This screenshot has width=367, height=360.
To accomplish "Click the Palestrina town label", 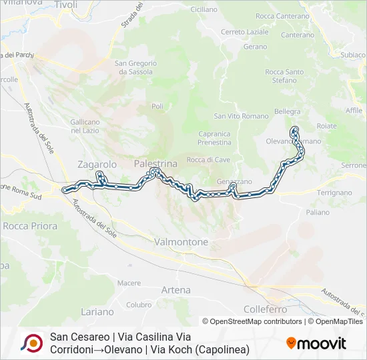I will tap(155, 163).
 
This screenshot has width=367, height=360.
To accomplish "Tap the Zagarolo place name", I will tap(97, 164).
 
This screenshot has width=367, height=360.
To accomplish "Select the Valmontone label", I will tap(181, 242).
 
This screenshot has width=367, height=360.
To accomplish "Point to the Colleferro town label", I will tap(265, 309).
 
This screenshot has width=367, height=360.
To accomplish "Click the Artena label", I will tap(176, 290).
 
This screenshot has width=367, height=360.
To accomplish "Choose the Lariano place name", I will tap(97, 311).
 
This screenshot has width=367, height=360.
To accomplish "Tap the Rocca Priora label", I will tap(30, 226).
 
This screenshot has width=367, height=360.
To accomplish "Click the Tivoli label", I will tap(66, 5).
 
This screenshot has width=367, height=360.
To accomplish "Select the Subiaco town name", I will tap(353, 55).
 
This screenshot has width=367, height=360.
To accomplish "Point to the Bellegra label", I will tap(288, 111).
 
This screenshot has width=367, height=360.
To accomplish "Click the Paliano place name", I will tap(318, 212).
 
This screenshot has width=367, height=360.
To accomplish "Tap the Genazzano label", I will tap(234, 181).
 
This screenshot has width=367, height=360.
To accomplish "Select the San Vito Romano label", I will tap(231, 116).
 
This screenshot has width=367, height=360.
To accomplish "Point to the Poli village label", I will tap(157, 106).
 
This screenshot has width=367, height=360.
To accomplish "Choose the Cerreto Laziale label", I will tap(245, 31).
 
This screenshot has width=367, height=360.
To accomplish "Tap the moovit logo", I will tap(316, 343).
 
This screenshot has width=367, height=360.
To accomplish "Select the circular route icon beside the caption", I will tap(31, 343).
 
